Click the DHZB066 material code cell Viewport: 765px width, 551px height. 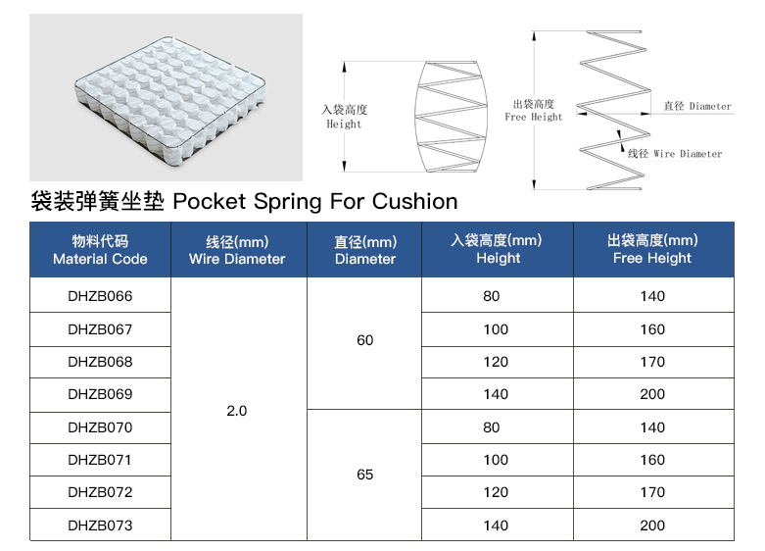click(100, 296)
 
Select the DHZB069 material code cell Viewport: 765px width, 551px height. click(100, 394)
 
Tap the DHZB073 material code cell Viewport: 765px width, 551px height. click(100, 526)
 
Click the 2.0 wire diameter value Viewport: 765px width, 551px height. click(237, 411)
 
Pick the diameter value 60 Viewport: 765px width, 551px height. click(365, 340)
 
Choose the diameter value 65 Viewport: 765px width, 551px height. click(365, 475)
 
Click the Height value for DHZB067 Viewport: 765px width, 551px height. click(496, 329)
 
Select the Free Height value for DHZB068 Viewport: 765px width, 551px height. click(652, 362)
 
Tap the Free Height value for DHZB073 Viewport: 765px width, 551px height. click(652, 526)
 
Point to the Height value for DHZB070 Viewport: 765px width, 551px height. click(492, 427)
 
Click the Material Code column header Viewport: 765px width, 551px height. click(100, 250)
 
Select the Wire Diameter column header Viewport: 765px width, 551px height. click(237, 250)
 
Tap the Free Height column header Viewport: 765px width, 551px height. click(652, 249)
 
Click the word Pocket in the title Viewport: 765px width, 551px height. click(210, 201)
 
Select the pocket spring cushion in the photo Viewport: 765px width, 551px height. click(169, 100)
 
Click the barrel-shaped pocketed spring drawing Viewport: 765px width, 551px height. click(451, 117)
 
